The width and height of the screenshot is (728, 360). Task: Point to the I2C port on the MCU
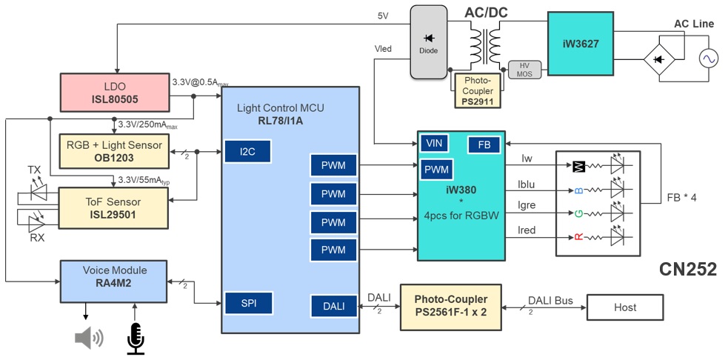pyautogui.click(x=247, y=152)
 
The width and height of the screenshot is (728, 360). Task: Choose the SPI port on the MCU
pyautogui.click(x=247, y=302)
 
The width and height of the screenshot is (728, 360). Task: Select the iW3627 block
pyautogui.click(x=581, y=44)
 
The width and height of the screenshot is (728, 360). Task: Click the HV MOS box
pyautogui.click(x=524, y=70)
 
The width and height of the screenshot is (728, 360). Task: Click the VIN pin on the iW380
pyautogui.click(x=434, y=142)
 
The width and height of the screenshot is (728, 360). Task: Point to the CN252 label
pyautogui.click(x=687, y=270)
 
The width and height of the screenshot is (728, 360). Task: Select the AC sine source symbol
pyautogui.click(x=703, y=58)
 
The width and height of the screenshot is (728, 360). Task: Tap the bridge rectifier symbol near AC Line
pyautogui.click(x=656, y=58)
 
